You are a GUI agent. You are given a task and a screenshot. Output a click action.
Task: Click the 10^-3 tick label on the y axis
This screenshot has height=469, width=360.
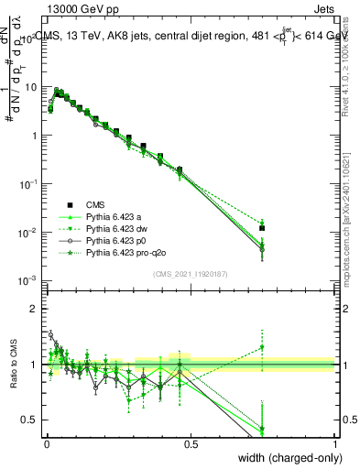28,280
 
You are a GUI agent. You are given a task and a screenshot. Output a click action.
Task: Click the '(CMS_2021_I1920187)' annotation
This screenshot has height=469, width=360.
191,273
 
